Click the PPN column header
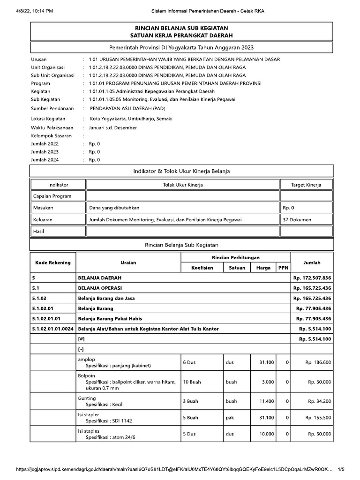[x=283, y=268]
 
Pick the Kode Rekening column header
[x=52, y=262]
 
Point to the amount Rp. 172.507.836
[x=312, y=278]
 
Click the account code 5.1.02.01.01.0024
[x=53, y=329]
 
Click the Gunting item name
[x=87, y=398]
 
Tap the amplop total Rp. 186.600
[x=318, y=362]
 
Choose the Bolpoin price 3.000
[x=268, y=382]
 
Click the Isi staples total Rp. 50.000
[x=319, y=434]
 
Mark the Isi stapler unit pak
[x=230, y=418]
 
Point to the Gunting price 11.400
[x=266, y=401]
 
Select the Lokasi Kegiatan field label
[x=48, y=119]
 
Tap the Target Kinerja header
[x=306, y=185]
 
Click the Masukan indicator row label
[x=43, y=207]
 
